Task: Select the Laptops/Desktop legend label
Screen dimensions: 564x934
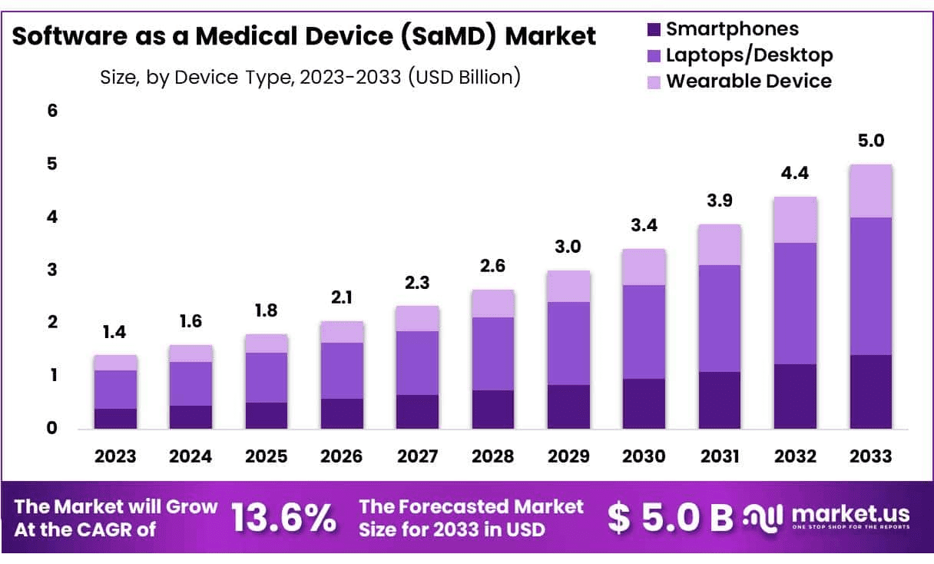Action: click(x=749, y=55)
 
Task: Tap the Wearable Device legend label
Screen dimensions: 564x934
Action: click(x=748, y=81)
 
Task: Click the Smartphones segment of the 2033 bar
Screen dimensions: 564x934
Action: click(x=870, y=392)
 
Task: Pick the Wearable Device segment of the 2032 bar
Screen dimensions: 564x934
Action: click(x=795, y=220)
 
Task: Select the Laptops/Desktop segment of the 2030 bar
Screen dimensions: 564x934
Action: click(x=644, y=332)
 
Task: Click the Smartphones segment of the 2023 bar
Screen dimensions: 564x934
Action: click(x=115, y=418)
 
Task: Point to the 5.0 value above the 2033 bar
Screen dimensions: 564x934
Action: click(x=870, y=141)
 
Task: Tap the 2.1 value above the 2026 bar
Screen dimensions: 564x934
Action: click(x=342, y=298)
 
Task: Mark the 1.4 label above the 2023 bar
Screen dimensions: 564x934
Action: click(x=115, y=332)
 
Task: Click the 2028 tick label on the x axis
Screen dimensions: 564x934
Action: click(x=492, y=456)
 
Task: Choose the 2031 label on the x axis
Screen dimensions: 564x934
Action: click(x=719, y=456)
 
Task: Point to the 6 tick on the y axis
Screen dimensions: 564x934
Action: click(x=53, y=111)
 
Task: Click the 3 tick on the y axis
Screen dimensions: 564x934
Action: click(x=53, y=270)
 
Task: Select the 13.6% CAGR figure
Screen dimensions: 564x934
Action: click(x=283, y=519)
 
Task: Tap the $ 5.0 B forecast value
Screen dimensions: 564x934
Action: click(x=670, y=518)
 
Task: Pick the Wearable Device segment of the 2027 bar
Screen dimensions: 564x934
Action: click(x=417, y=318)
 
